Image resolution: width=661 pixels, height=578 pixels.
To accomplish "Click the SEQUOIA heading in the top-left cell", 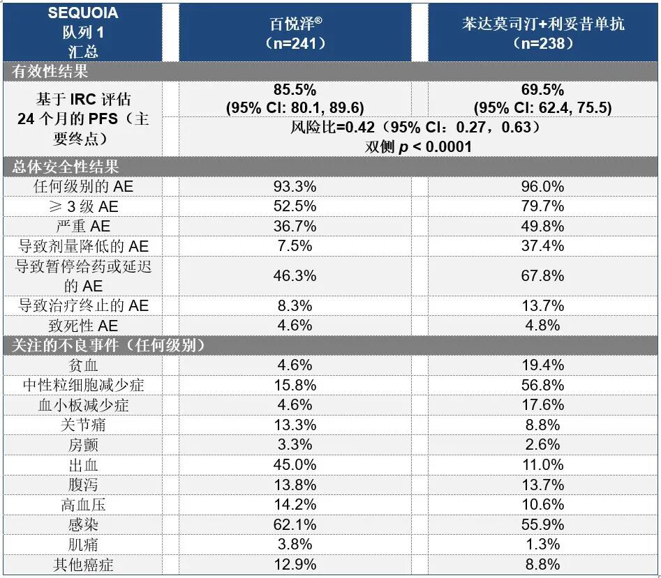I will [x=82, y=14].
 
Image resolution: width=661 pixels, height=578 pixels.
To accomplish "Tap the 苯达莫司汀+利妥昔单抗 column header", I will [x=542, y=33].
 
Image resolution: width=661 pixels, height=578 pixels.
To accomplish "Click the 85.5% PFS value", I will [x=295, y=90].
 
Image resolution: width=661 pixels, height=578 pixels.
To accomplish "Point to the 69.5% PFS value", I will [x=542, y=90].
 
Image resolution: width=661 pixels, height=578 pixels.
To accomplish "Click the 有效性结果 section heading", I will [x=50, y=71].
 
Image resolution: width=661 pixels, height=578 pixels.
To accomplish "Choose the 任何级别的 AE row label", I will [x=82, y=186].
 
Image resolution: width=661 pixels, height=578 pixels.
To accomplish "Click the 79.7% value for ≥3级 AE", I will [x=542, y=206].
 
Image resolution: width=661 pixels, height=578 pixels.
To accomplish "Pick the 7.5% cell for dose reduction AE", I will [x=295, y=245].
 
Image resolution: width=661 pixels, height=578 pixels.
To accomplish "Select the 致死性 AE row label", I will [x=82, y=326].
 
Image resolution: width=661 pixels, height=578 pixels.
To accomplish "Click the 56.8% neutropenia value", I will [x=542, y=385].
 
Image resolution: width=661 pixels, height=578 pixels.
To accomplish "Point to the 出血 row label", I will [x=82, y=464].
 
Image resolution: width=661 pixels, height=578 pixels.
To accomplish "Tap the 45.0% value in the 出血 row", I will [x=295, y=464].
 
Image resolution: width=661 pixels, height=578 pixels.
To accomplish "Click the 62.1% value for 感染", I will [x=295, y=524].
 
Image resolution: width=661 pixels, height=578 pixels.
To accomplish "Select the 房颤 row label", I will [x=82, y=444].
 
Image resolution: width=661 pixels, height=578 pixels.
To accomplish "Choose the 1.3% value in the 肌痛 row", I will [x=542, y=544].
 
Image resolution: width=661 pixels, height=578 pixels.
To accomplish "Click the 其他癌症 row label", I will [x=82, y=564].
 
